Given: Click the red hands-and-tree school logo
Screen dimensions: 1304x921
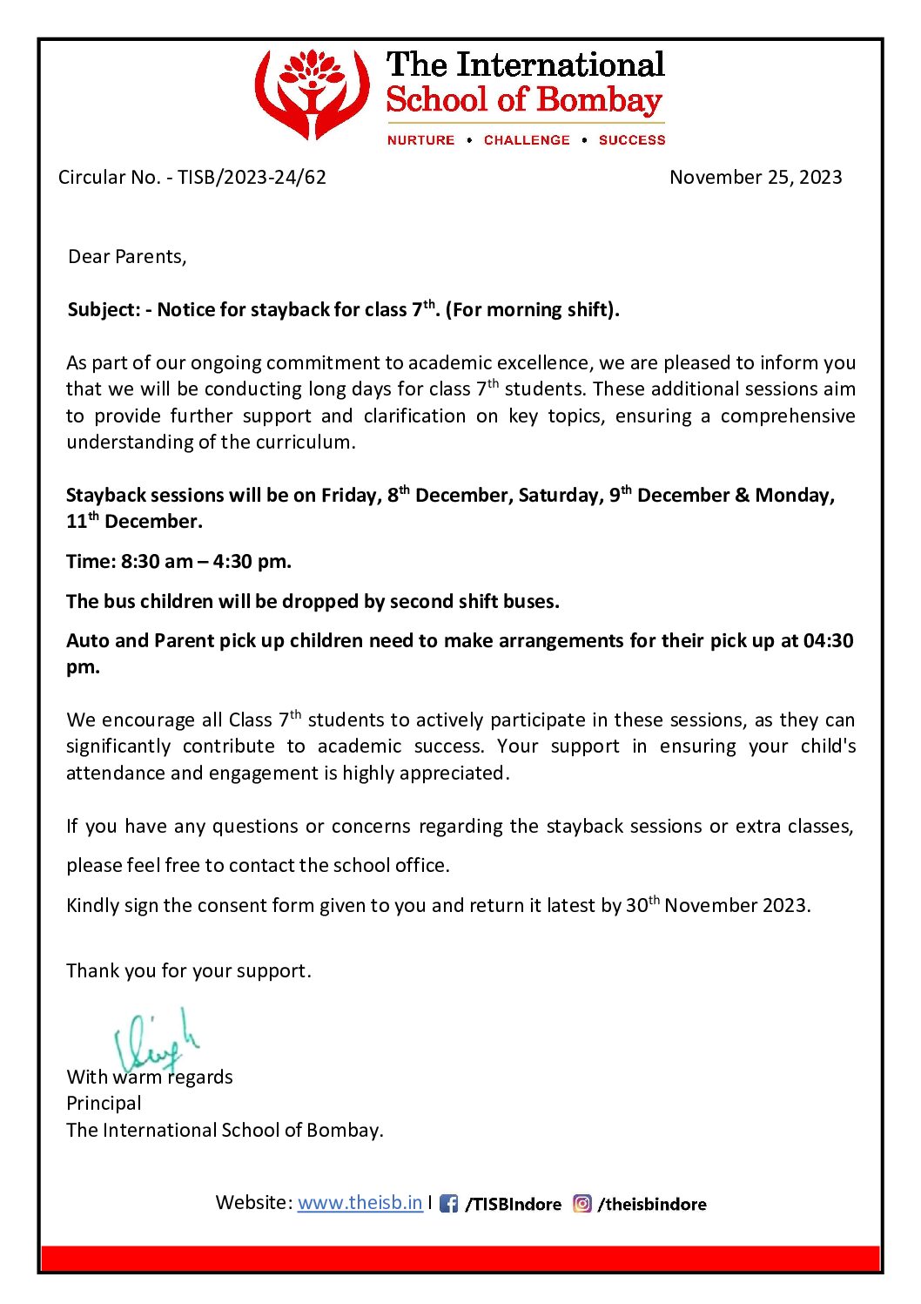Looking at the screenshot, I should [x=312, y=94].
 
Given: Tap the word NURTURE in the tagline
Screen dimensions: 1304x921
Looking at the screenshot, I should [x=421, y=140].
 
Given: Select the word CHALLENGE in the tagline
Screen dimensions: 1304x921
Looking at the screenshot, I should [x=527, y=140].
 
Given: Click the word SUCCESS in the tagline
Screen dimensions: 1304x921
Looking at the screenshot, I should [x=632, y=140].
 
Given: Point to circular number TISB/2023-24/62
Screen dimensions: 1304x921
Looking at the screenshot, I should [x=252, y=178].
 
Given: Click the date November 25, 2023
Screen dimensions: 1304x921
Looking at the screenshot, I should [x=756, y=178].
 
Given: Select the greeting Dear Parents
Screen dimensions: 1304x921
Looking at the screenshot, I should [x=127, y=257].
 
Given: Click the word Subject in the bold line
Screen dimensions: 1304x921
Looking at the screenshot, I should [x=103, y=310].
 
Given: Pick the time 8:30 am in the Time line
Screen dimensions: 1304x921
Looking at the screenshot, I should [x=157, y=562].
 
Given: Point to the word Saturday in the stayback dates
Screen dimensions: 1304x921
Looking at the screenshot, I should [x=557, y=496].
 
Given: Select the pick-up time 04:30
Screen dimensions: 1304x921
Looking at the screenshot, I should [x=828, y=641].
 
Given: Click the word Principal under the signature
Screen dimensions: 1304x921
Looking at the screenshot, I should [x=104, y=1104].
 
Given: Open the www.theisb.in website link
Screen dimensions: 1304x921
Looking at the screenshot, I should [x=360, y=1203].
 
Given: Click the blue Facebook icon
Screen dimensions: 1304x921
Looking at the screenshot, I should [x=448, y=1204].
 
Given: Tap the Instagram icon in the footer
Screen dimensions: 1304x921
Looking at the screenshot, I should [x=582, y=1204].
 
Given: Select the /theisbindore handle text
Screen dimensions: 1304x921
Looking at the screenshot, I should [x=652, y=1205].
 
